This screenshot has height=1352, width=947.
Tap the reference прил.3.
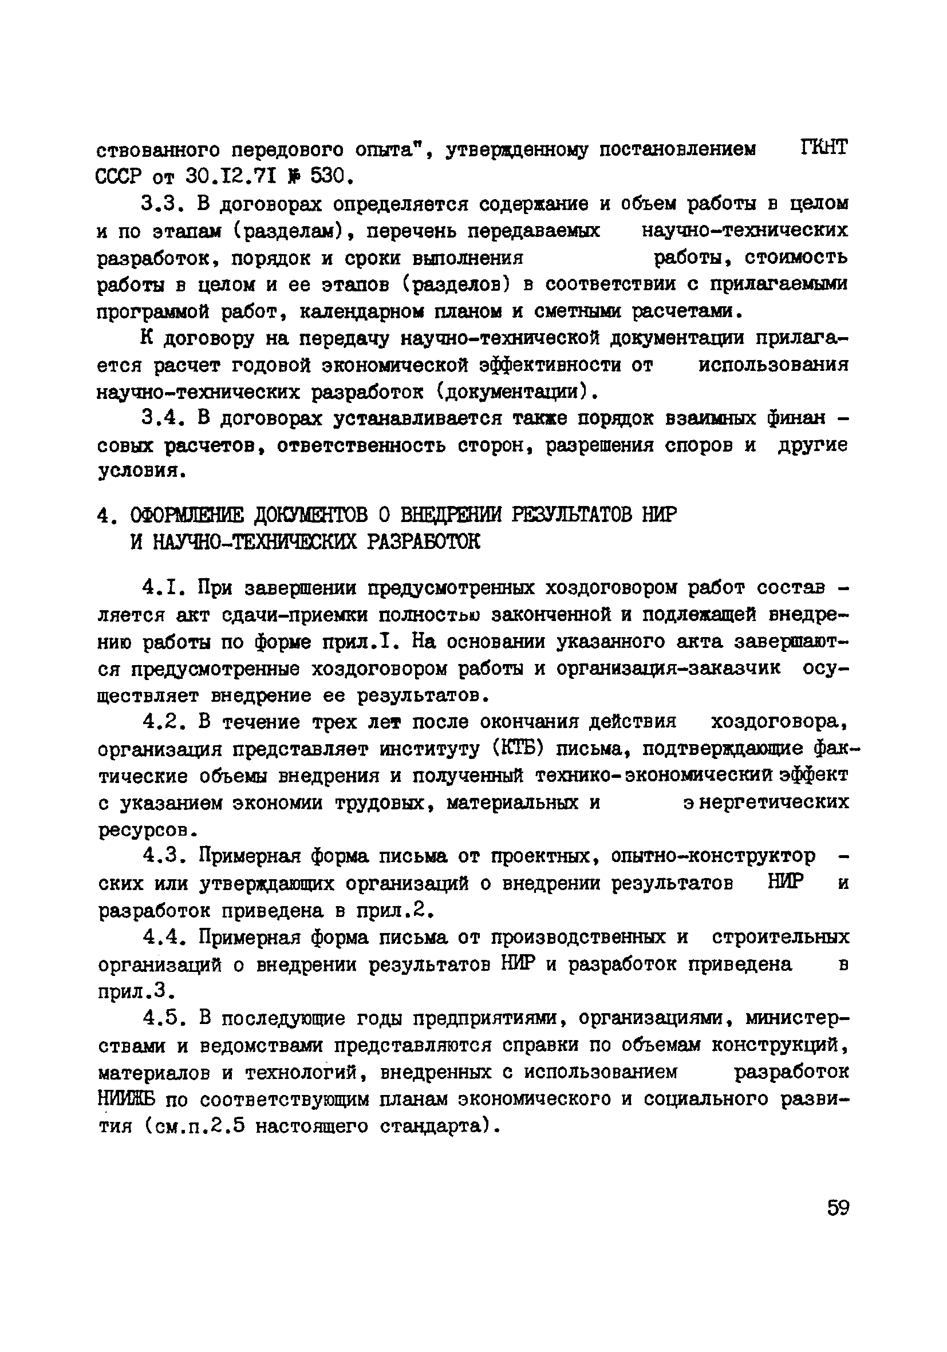[136, 992]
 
